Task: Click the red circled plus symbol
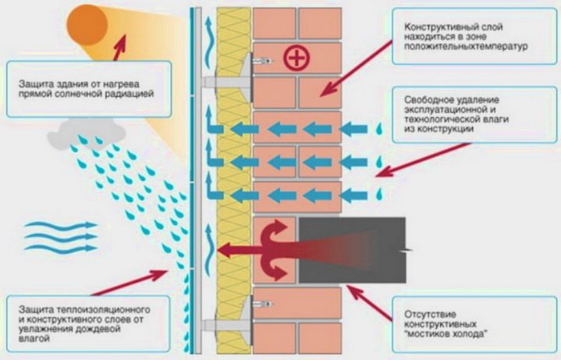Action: click(294, 56)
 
